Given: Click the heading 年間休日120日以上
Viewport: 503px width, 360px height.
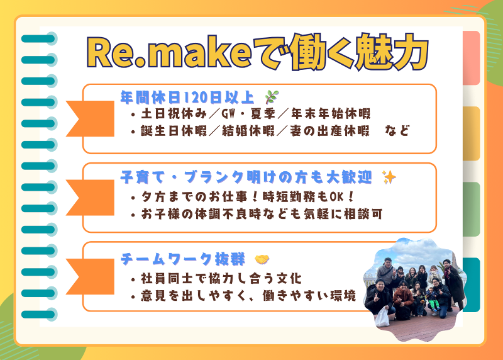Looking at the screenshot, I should coord(187,97).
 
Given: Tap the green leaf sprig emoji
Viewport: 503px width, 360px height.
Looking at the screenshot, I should coord(271,97).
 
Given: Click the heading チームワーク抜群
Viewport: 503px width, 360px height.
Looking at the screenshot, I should coord(182,259).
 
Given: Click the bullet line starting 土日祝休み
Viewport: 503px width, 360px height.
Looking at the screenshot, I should coord(251,115).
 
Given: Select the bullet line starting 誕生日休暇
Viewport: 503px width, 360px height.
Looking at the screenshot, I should coord(270,132).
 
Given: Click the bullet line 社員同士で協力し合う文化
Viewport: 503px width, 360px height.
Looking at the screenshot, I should coord(216,278).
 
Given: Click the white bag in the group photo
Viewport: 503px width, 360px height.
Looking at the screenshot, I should coord(382,317).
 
